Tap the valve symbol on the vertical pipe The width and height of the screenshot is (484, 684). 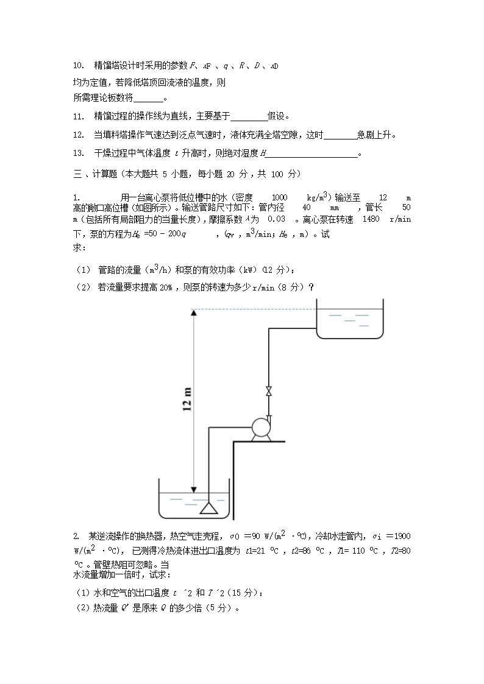point(268,391)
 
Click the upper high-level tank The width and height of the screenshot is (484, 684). point(349,320)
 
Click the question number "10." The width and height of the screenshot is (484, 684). point(78,65)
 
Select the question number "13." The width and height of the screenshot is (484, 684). point(78,153)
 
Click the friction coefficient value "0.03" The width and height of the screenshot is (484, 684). point(277,219)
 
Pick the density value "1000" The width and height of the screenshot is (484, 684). point(279,197)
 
